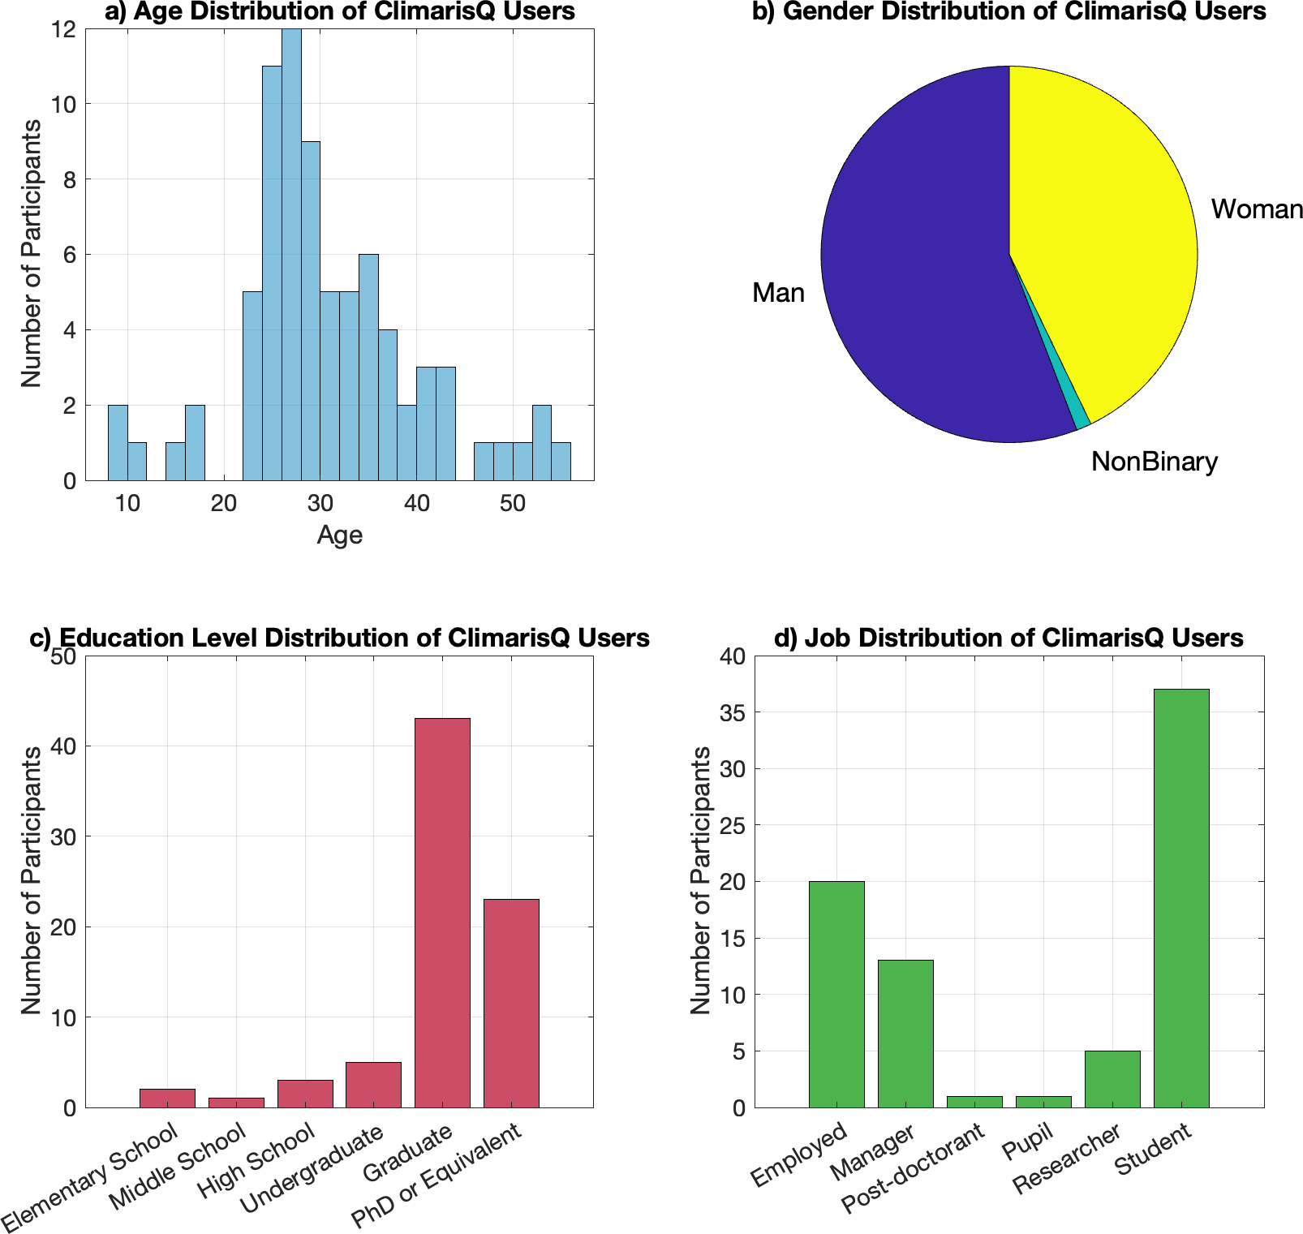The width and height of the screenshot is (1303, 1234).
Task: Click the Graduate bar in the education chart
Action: point(442,913)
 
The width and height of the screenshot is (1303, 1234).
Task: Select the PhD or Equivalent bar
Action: point(511,1003)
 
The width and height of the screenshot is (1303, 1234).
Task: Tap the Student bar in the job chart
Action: point(1181,898)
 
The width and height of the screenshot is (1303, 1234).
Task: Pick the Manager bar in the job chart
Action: point(905,1034)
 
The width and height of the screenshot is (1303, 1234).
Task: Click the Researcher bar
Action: point(1112,1079)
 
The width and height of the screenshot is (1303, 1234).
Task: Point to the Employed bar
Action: point(836,994)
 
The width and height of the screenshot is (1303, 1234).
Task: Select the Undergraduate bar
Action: point(373,1085)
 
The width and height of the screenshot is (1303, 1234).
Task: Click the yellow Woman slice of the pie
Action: point(1103,235)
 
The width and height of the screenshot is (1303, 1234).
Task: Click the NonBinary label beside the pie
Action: point(1154,462)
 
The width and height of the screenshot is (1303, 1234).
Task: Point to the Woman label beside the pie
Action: point(1257,209)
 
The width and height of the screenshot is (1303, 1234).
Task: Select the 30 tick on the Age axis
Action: point(320,504)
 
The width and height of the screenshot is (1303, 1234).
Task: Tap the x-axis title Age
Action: point(339,535)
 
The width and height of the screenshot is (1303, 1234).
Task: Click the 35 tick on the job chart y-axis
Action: point(732,713)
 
